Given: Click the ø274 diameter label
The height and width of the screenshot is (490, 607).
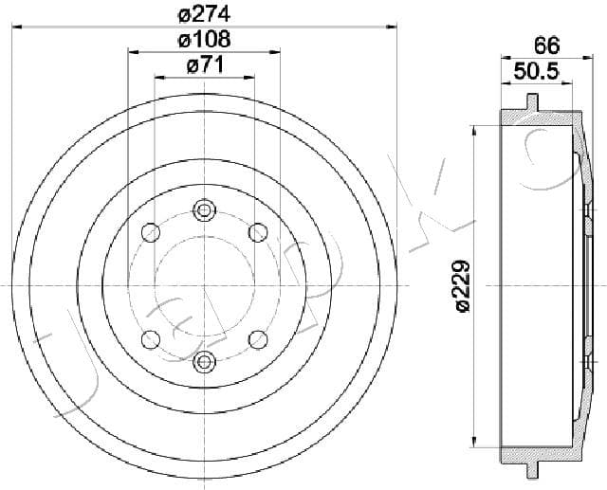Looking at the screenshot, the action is (204, 15).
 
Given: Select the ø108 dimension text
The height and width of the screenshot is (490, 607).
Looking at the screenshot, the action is (205, 40).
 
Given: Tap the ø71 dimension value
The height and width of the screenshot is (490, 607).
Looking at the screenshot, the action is (205, 65).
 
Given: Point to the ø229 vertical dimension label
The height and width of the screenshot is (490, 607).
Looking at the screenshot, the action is (463, 286).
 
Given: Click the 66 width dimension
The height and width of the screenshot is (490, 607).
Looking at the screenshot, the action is (546, 45).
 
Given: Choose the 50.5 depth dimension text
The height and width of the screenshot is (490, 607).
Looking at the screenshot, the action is (537, 71).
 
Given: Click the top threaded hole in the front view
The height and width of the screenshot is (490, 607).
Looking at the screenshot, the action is (205, 210).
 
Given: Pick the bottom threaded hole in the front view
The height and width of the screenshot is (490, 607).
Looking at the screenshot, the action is (205, 362).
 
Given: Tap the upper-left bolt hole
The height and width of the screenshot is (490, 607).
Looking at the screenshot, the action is (151, 232).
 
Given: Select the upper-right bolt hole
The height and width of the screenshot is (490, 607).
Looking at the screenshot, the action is (258, 232).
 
